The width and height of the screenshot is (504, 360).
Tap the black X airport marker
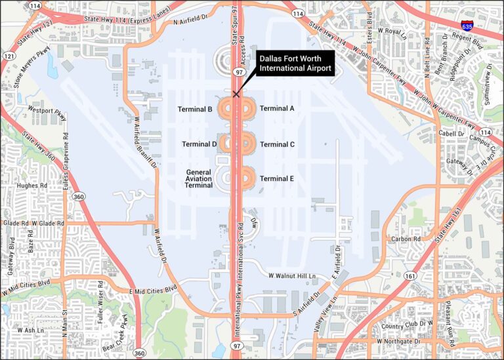pyautogui.click(x=236, y=94)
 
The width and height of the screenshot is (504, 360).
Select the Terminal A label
pyautogui.click(x=277, y=109)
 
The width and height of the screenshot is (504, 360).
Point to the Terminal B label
pyautogui.click(x=195, y=109)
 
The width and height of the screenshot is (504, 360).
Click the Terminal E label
pyautogui.click(x=277, y=178)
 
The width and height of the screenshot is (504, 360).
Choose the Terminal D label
pyautogui.click(x=199, y=144)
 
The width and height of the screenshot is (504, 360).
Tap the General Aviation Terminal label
pyautogui.click(x=198, y=178)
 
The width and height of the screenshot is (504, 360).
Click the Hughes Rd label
pyautogui.click(x=28, y=186)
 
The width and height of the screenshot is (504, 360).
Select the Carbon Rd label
pyautogui.click(x=406, y=239)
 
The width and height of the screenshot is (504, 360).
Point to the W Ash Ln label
pyautogui.click(x=30, y=330)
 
